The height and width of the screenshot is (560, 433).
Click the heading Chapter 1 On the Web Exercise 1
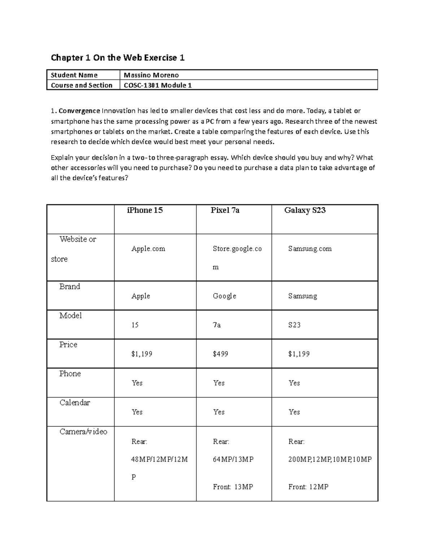point(118,58)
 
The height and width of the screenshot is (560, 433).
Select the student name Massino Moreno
point(151,75)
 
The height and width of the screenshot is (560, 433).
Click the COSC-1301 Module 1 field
point(158,85)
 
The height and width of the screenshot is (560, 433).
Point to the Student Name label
point(74,75)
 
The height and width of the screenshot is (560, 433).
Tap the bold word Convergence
point(79,111)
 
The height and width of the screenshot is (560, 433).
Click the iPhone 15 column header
point(145,210)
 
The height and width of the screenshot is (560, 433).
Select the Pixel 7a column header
point(225,210)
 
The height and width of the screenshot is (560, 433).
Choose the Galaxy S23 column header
point(305,210)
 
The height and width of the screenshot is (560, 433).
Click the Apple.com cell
point(148,248)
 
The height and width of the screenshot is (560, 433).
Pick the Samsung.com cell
point(310,248)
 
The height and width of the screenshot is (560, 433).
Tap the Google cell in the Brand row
point(224,296)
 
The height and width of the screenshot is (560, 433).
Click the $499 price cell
point(220,354)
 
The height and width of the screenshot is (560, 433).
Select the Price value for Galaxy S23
point(299,354)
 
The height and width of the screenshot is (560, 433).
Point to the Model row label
point(70,316)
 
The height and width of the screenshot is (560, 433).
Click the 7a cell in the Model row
point(216,325)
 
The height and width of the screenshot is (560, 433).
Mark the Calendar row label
point(74,402)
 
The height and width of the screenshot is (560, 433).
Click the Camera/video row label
point(83,432)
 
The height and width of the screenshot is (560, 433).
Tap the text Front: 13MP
point(233,487)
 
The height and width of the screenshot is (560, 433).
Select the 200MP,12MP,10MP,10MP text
point(330,459)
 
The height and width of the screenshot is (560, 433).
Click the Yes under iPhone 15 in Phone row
point(137,383)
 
